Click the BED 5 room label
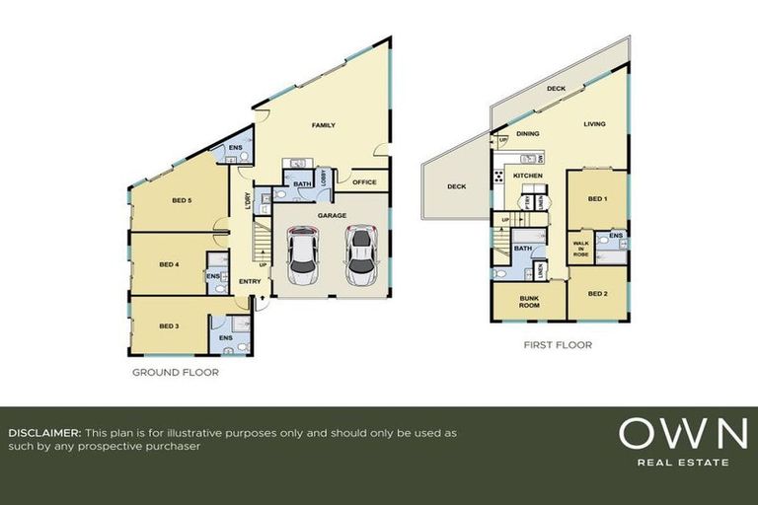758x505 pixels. [x=181, y=201]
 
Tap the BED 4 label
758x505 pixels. [x=169, y=264]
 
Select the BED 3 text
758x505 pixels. [x=169, y=325]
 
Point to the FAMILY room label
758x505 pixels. [x=324, y=125]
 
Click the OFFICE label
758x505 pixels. [x=364, y=181]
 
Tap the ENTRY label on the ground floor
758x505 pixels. [x=250, y=281]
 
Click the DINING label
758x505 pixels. [x=528, y=133]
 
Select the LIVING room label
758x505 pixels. [x=594, y=124]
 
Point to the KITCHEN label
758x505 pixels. [x=528, y=176]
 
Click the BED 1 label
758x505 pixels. [x=596, y=199]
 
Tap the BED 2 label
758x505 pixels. [x=596, y=295]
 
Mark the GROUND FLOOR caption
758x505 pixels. [x=176, y=373]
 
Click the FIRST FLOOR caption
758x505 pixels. [x=558, y=346]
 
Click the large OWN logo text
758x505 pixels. [x=682, y=435]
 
